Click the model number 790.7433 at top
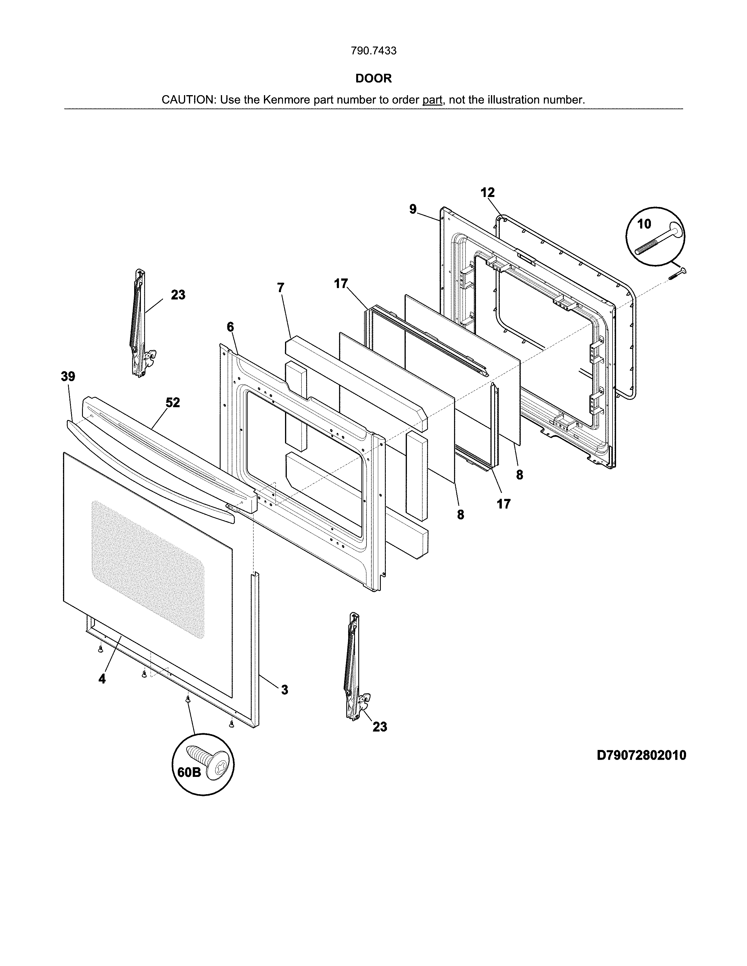point(374,51)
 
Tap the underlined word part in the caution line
point(432,100)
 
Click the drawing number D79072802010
point(641,755)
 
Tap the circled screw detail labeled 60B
point(203,765)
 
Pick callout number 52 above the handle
point(173,402)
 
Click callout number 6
point(230,327)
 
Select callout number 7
point(281,287)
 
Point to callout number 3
point(284,690)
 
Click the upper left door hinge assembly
point(141,323)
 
